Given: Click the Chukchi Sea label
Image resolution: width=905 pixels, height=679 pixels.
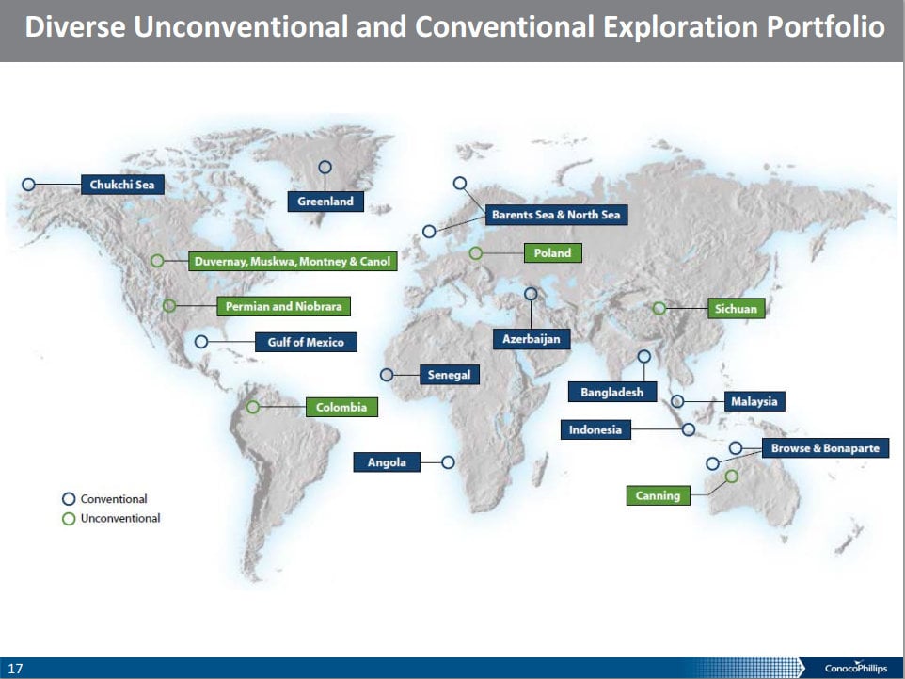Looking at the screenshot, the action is [x=122, y=185].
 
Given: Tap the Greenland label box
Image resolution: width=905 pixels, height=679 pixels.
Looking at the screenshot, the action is [x=325, y=202].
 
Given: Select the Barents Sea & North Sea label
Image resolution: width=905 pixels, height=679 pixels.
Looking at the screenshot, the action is [x=556, y=215].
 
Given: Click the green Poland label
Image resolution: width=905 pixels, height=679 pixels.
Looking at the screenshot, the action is [x=552, y=252].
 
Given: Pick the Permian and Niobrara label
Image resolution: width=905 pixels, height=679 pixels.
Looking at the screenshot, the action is [x=283, y=306].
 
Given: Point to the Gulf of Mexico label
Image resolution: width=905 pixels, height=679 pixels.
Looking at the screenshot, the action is [x=306, y=342].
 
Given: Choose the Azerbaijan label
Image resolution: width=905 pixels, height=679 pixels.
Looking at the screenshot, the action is [x=531, y=339].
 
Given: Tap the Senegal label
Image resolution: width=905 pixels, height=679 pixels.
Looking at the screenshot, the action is [x=449, y=375].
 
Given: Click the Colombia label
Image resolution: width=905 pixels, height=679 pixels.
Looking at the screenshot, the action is [x=341, y=407].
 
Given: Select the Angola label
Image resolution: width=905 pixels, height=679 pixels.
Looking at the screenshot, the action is [x=387, y=461].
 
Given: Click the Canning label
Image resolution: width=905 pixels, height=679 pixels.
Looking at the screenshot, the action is [x=658, y=495].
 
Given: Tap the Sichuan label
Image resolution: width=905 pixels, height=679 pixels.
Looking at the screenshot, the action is [x=736, y=309].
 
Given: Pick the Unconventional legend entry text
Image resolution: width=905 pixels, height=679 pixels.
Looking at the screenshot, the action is [x=120, y=518].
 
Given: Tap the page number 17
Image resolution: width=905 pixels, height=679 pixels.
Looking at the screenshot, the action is [x=16, y=669].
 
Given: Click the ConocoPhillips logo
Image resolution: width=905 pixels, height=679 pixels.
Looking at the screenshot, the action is [x=855, y=668].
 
